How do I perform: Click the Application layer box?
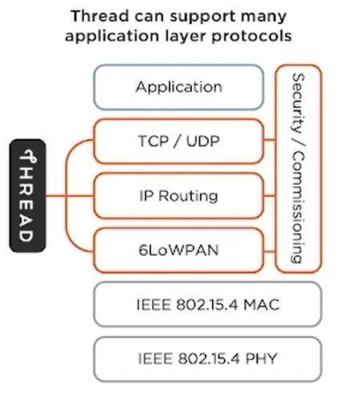coord(178,87)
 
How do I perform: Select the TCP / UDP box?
coord(178,141)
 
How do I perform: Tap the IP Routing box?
coord(178,196)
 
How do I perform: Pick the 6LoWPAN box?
coord(178,250)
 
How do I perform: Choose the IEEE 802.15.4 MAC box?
coord(208,304)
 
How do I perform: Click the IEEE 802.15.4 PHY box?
coord(208,359)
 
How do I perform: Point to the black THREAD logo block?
coord(27,196)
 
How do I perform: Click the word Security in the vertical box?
coord(298,103)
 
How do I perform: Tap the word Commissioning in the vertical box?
coord(298,207)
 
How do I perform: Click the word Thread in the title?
coord(100,16)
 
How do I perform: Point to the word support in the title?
coord(203,17)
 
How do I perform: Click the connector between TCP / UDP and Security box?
coord(270,139)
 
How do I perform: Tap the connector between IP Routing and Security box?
coord(270,196)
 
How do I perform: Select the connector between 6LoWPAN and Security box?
coord(270,251)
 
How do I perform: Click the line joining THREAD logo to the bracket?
coord(56,196)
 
